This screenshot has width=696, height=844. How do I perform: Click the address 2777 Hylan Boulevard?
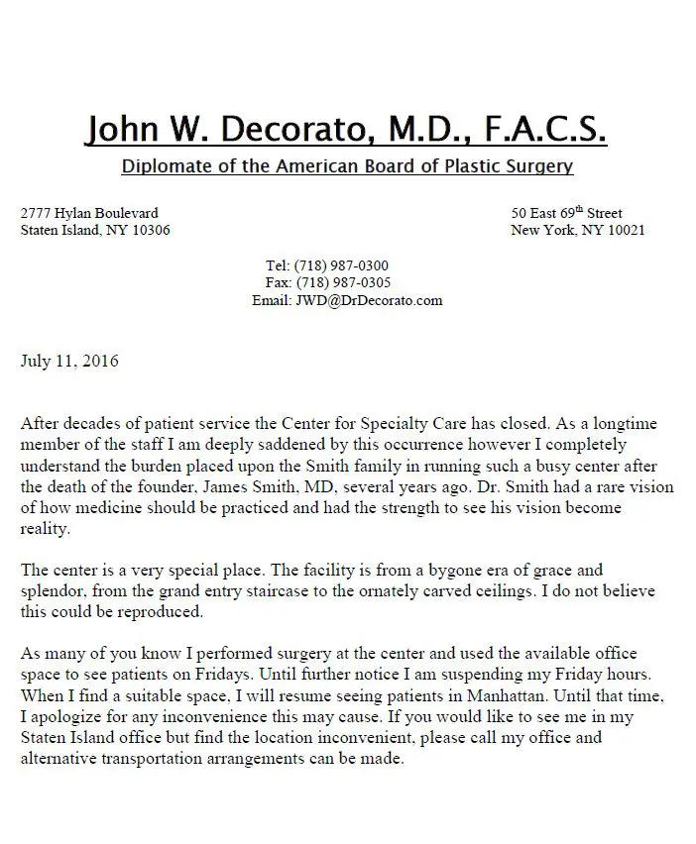pyautogui.click(x=89, y=213)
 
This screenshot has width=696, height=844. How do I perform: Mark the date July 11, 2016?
pyautogui.click(x=69, y=361)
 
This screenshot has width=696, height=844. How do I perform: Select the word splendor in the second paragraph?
pyautogui.click(x=53, y=591)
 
